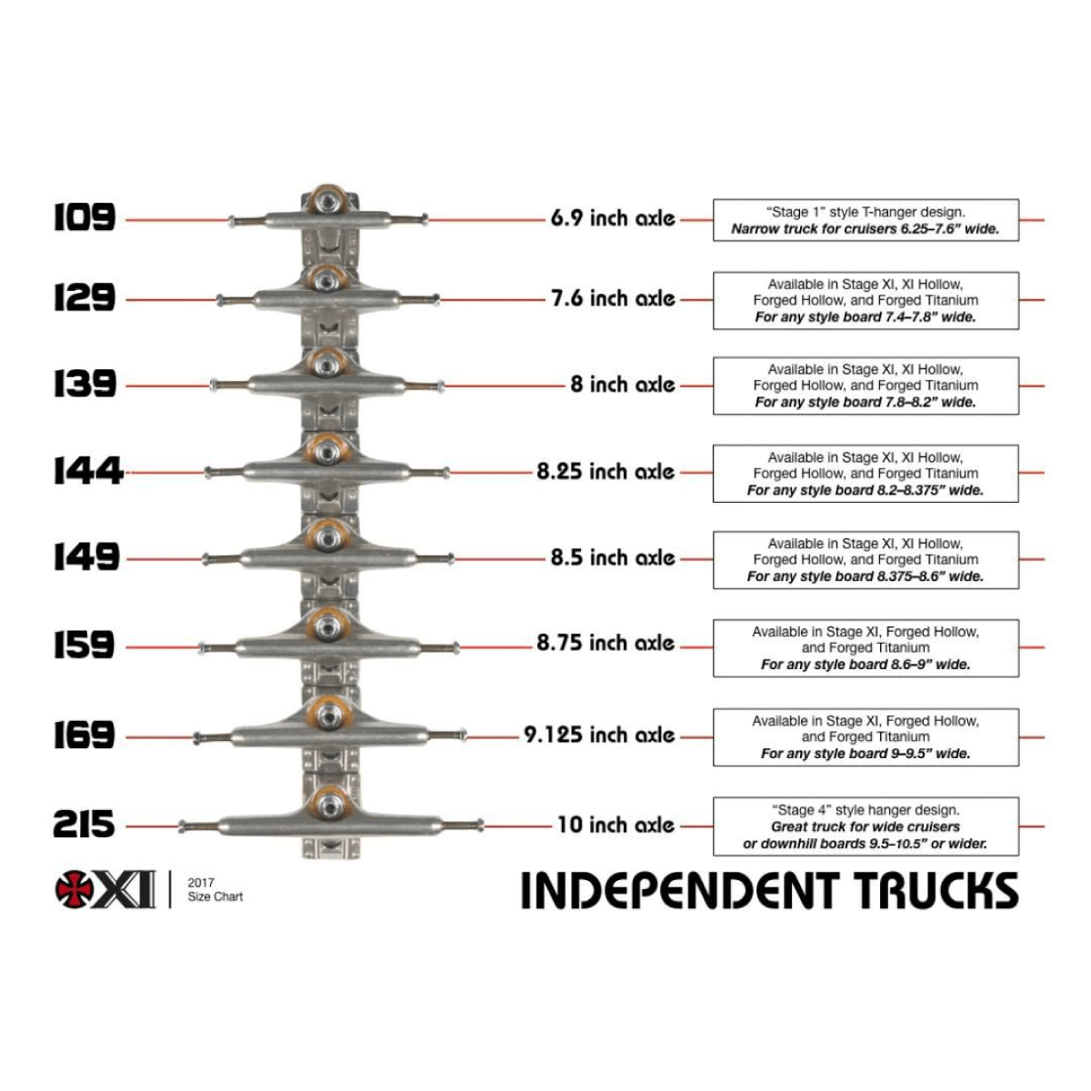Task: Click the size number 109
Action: [84, 217]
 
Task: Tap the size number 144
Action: [87, 471]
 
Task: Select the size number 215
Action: [84, 825]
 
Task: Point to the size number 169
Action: [84, 735]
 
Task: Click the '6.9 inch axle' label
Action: [612, 218]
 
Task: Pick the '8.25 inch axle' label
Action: [606, 471]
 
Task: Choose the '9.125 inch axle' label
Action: [599, 735]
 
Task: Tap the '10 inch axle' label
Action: [616, 825]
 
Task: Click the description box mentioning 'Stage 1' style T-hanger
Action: [865, 220]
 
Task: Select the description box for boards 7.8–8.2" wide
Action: [865, 385]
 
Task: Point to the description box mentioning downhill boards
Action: [865, 826]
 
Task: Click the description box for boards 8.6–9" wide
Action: [865, 647]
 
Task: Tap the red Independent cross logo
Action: [75, 889]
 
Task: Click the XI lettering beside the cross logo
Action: [128, 889]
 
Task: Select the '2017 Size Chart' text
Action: [215, 889]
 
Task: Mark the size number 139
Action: [84, 384]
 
